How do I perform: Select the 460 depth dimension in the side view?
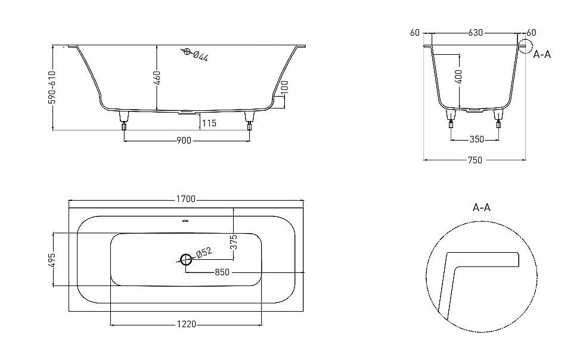coord(158,78)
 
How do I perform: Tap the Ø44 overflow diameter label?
coord(200,57)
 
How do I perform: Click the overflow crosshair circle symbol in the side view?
coord(187,52)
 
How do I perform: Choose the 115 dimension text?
coord(208,123)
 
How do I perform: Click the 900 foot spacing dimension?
coord(184,141)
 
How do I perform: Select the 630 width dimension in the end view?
coord(475,32)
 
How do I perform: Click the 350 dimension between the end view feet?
coord(476,139)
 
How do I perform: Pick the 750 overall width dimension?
coord(475,160)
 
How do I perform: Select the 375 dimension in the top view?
coord(234,241)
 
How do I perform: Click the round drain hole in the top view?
coord(185,259)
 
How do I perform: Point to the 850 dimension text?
coord(222,272)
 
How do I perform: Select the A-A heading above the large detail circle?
coord(481,207)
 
